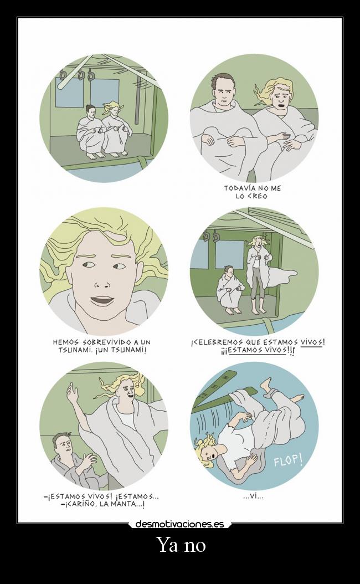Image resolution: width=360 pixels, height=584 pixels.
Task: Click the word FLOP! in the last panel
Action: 288,460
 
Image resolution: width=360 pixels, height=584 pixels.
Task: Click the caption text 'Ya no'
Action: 182,545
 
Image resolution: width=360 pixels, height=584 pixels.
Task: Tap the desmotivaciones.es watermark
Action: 180,524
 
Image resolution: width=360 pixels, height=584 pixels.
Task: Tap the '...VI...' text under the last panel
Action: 253,496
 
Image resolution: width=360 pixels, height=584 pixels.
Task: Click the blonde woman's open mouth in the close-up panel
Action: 102,299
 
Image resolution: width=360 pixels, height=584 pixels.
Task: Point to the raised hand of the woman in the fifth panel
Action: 71,393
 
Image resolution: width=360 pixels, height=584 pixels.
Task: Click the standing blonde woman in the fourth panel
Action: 258,274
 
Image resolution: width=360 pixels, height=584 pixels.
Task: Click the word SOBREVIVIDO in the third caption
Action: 106,342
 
